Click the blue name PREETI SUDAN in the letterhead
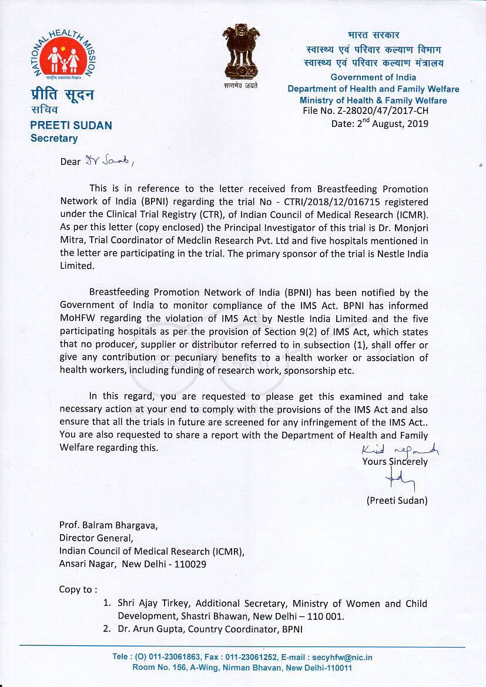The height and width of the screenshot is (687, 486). pyautogui.click(x=71, y=125)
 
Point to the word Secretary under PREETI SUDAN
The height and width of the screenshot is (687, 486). pyautogui.click(x=54, y=139)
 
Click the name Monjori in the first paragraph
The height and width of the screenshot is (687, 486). pyautogui.click(x=407, y=229)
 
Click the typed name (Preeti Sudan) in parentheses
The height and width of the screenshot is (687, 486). pyautogui.click(x=397, y=501)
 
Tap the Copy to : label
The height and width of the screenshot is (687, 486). pyautogui.click(x=78, y=589)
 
